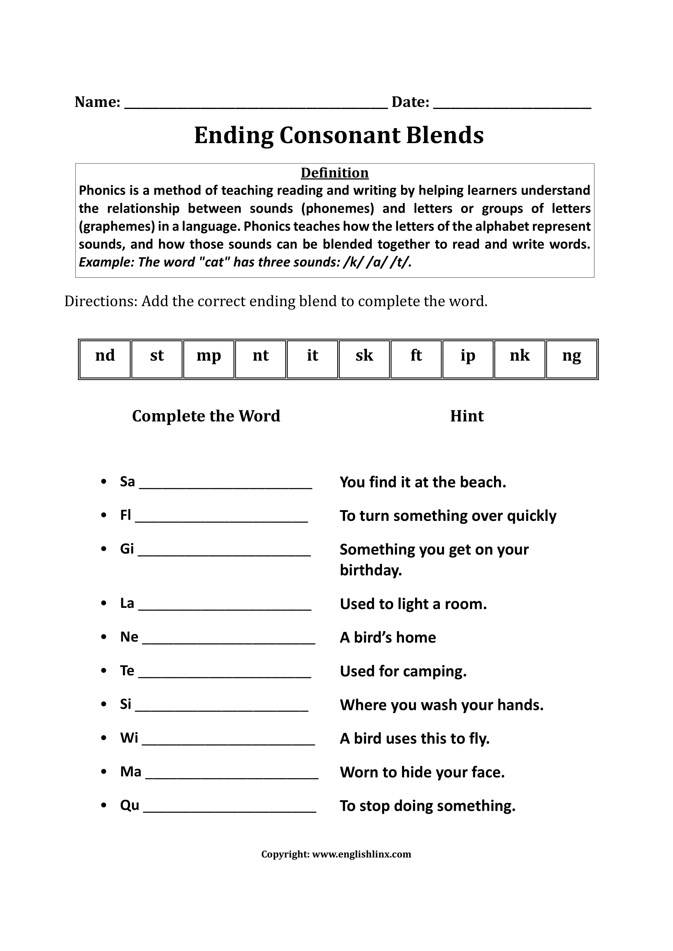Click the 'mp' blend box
point(208,359)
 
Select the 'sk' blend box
point(364,359)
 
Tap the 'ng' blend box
point(571,359)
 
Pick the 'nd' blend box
point(105,359)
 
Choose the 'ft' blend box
point(416,359)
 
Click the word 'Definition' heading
point(334,173)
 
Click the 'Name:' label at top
point(97,102)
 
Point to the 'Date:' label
point(410,102)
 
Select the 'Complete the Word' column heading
point(206,416)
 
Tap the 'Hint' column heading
point(467,416)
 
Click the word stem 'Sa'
point(127,482)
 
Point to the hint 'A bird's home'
point(387,638)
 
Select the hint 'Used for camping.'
point(403,671)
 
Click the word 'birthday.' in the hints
point(371,570)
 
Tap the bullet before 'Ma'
point(104,772)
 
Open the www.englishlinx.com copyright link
point(361,854)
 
